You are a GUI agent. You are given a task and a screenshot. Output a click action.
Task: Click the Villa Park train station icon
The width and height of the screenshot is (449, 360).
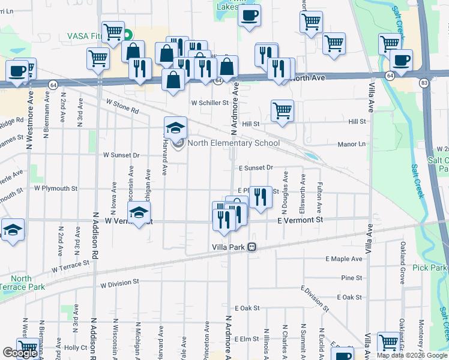pyautogui.click(x=253, y=246)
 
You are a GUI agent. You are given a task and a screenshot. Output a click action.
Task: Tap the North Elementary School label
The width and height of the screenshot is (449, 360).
pyautogui.click(x=234, y=143)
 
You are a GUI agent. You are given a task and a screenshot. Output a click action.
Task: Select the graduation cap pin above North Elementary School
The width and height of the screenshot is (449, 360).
pyautogui.click(x=176, y=128)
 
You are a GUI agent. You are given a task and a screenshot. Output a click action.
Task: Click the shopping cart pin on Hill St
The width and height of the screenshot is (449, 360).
pyautogui.click(x=282, y=111)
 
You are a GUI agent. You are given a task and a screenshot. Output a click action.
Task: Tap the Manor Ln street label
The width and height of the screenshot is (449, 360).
pyautogui.click(x=368, y=145)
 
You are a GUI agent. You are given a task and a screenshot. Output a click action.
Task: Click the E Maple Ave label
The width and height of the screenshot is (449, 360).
pyautogui.click(x=344, y=259)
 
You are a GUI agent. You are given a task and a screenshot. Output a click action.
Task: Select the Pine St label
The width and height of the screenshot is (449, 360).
pyautogui.click(x=352, y=278)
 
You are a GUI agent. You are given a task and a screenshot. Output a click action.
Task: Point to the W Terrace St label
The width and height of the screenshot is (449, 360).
pyautogui.click(x=70, y=266)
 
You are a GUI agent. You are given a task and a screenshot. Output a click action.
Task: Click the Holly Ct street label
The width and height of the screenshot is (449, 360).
pyautogui.click(x=76, y=347)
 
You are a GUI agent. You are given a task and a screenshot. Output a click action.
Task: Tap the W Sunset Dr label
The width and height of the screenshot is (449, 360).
pyautogui.click(x=121, y=155)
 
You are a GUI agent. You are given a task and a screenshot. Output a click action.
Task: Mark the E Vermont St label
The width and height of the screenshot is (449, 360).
pyautogui.click(x=300, y=220)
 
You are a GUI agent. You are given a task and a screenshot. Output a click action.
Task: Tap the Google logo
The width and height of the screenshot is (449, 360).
pyautogui.click(x=20, y=353)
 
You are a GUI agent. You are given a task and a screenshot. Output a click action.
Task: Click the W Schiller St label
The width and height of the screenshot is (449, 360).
pyautogui.click(x=210, y=103)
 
